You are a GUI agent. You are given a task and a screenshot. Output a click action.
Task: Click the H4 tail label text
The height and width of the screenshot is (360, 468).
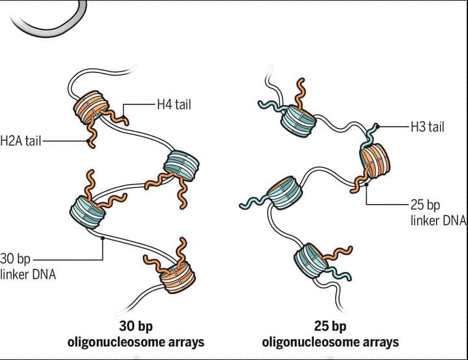174,105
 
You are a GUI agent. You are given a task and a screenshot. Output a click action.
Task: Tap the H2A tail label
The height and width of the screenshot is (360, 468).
21,141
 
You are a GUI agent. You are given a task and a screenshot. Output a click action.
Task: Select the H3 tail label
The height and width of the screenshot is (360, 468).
428,127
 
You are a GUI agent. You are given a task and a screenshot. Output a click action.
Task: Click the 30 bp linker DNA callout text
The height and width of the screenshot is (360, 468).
28,266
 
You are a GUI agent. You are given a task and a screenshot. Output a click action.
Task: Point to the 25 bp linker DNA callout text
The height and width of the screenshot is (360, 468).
438,213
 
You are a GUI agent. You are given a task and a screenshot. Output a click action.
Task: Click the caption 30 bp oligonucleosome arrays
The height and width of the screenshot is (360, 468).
136,334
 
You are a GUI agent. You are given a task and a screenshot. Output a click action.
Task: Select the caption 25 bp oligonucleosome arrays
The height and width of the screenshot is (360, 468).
330,334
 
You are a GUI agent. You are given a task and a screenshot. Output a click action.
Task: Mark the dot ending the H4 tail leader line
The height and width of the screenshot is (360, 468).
123,117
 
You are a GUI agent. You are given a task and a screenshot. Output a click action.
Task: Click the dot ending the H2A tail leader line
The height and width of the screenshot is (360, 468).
88,141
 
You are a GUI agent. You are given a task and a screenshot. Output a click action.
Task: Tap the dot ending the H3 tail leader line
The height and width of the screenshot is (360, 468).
377,127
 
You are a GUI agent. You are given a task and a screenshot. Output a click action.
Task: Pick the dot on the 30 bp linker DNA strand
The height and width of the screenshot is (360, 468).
102,238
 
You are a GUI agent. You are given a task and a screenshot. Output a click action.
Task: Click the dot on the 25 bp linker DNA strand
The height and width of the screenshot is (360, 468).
367,185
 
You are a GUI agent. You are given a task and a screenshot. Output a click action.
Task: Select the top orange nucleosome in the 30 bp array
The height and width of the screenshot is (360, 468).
91,107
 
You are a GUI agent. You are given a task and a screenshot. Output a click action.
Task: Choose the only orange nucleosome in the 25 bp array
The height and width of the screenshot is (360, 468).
375,161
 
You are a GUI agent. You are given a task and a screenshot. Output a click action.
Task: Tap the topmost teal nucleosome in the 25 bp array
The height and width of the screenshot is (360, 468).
298,121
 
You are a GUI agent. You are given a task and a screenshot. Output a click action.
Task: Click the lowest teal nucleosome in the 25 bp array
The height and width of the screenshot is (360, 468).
310,261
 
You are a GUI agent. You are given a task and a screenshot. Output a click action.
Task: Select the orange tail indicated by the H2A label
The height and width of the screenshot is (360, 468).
91,133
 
